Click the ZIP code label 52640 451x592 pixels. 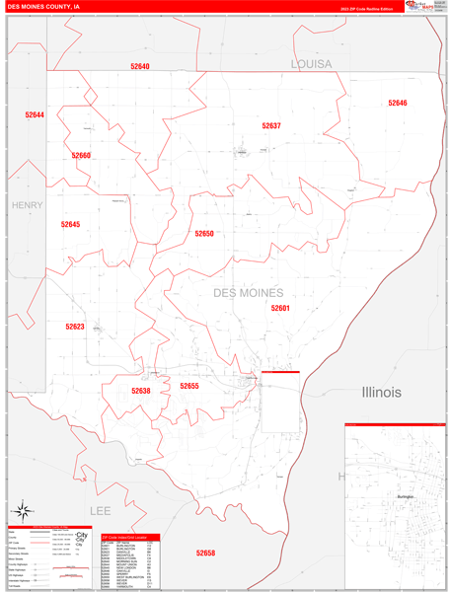139,66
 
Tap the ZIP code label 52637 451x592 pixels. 271,126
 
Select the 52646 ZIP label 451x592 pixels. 398,103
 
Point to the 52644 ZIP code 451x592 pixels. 35,115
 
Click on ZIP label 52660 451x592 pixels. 81,155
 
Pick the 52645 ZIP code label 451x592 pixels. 70,224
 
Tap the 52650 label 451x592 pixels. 203,234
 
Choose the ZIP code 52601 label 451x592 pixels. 281,308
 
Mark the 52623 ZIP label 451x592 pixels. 75,327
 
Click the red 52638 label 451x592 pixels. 141,391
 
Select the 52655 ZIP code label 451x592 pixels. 189,386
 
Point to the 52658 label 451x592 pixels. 205,553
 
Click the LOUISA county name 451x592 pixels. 312,63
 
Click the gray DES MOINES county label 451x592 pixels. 248,293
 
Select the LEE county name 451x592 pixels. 101,511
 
